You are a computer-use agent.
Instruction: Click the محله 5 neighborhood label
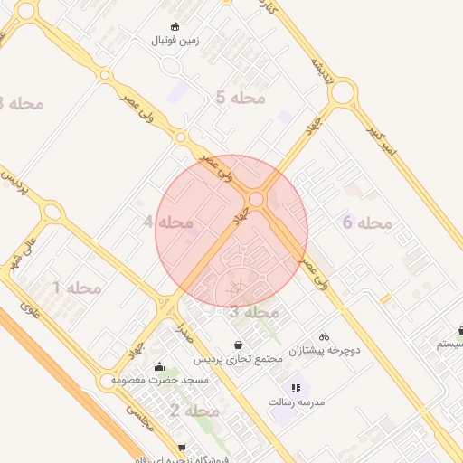(x=241, y=98)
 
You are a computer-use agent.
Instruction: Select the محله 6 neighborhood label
(x=367, y=222)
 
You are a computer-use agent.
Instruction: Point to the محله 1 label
(x=77, y=288)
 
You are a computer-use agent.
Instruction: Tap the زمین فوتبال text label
(x=175, y=41)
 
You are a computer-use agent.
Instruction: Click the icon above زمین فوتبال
(x=175, y=26)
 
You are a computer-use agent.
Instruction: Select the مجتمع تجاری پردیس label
(x=238, y=358)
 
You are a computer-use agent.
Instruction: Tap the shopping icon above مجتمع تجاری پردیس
(x=238, y=345)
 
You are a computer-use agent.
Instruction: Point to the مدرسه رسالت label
(x=298, y=401)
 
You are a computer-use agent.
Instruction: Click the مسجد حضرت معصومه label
(x=160, y=381)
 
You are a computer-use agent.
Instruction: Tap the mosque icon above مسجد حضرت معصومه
(x=160, y=367)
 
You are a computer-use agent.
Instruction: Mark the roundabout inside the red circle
(x=257, y=198)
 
